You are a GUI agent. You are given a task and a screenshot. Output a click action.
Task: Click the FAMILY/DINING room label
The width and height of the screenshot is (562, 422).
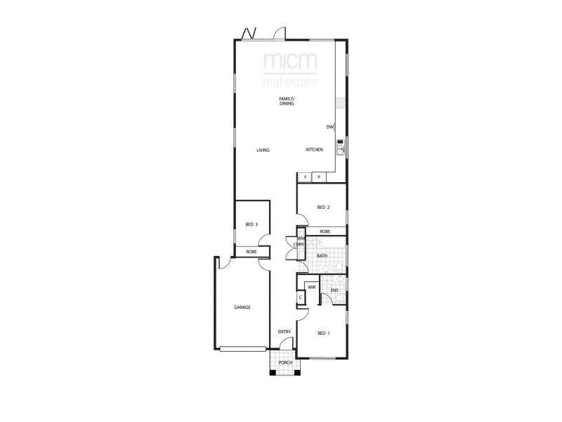tap(286, 101)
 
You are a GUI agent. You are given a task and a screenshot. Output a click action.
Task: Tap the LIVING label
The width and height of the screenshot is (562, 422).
tap(263, 151)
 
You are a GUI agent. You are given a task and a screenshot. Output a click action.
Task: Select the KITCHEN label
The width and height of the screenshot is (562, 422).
tap(314, 151)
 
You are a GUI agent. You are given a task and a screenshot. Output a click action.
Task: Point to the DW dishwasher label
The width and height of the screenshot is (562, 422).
tap(329, 127)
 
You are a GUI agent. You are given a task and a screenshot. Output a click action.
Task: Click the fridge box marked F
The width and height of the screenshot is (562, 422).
tap(306, 177)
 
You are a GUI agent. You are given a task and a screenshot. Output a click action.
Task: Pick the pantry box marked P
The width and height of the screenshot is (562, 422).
tap(319, 177)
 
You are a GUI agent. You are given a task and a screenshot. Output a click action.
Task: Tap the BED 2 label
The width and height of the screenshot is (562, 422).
tap(323, 207)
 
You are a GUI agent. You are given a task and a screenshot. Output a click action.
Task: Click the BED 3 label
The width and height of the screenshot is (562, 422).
tap(251, 224)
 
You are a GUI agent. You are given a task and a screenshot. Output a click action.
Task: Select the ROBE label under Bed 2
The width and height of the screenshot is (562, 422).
tap(325, 231)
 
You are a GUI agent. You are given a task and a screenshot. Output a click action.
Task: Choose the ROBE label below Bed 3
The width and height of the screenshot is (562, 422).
tap(251, 252)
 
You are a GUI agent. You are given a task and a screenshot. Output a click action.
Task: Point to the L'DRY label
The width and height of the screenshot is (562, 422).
tap(299, 244)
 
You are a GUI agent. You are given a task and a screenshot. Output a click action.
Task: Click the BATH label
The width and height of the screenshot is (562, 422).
tap(322, 256)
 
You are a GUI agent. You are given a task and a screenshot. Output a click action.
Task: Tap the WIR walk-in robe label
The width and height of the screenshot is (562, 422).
tap(311, 288)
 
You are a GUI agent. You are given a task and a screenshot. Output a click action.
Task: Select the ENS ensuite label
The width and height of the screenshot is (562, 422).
tap(334, 290)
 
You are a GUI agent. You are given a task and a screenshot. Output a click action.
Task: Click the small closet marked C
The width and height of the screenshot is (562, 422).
tap(301, 298)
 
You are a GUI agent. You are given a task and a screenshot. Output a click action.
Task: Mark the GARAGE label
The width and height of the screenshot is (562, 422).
tap(242, 307)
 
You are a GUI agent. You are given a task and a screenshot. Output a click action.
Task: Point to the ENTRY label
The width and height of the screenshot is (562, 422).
tap(284, 332)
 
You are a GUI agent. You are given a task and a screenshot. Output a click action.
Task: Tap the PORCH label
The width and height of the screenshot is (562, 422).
tap(285, 362)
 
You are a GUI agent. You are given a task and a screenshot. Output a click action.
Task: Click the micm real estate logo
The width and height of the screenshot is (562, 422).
tap(289, 70)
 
